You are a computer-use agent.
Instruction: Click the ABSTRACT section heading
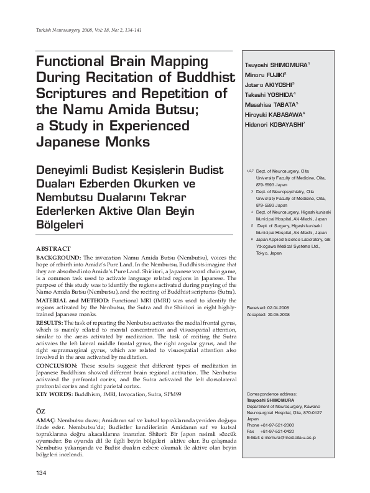pyautogui.click(x=53, y=248)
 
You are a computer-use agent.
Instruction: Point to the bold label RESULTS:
pyautogui.click(x=50, y=323)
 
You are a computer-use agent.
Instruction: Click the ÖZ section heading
pyautogui.click(x=41, y=412)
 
